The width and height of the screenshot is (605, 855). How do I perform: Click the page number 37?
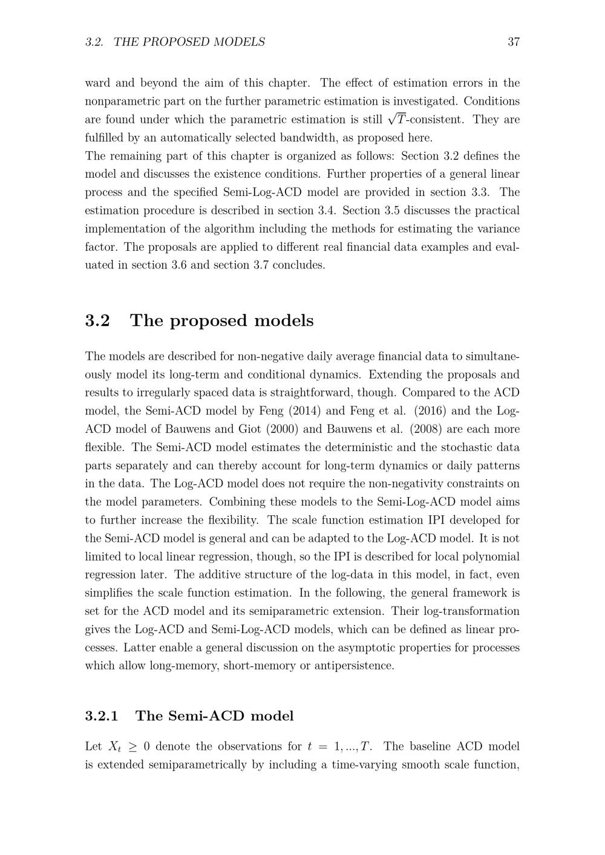[x=514, y=42]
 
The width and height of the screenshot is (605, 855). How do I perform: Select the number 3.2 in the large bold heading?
[x=97, y=320]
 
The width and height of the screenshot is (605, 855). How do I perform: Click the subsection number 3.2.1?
[x=102, y=716]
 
